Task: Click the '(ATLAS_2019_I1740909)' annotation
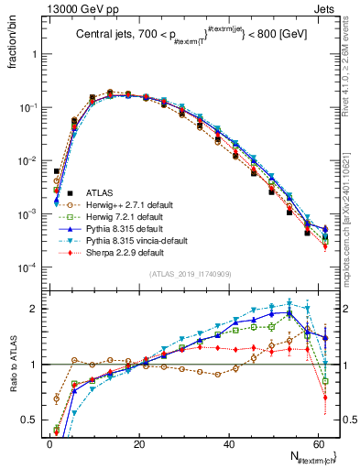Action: [190, 274]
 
